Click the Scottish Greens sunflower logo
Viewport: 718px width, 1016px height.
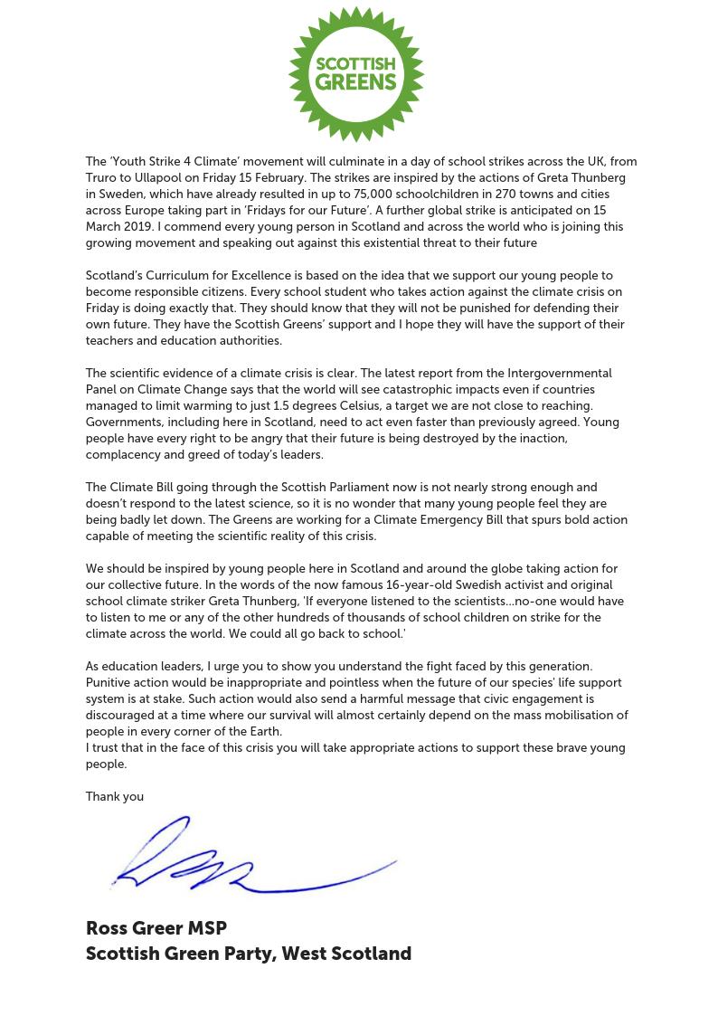pos(356,74)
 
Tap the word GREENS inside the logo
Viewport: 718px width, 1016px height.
pos(356,83)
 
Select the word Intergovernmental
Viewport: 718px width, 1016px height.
pos(561,374)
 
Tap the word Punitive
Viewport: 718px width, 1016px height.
pos(110,683)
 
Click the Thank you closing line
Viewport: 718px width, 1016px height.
pos(115,797)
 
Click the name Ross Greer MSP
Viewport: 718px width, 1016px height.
pos(156,928)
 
